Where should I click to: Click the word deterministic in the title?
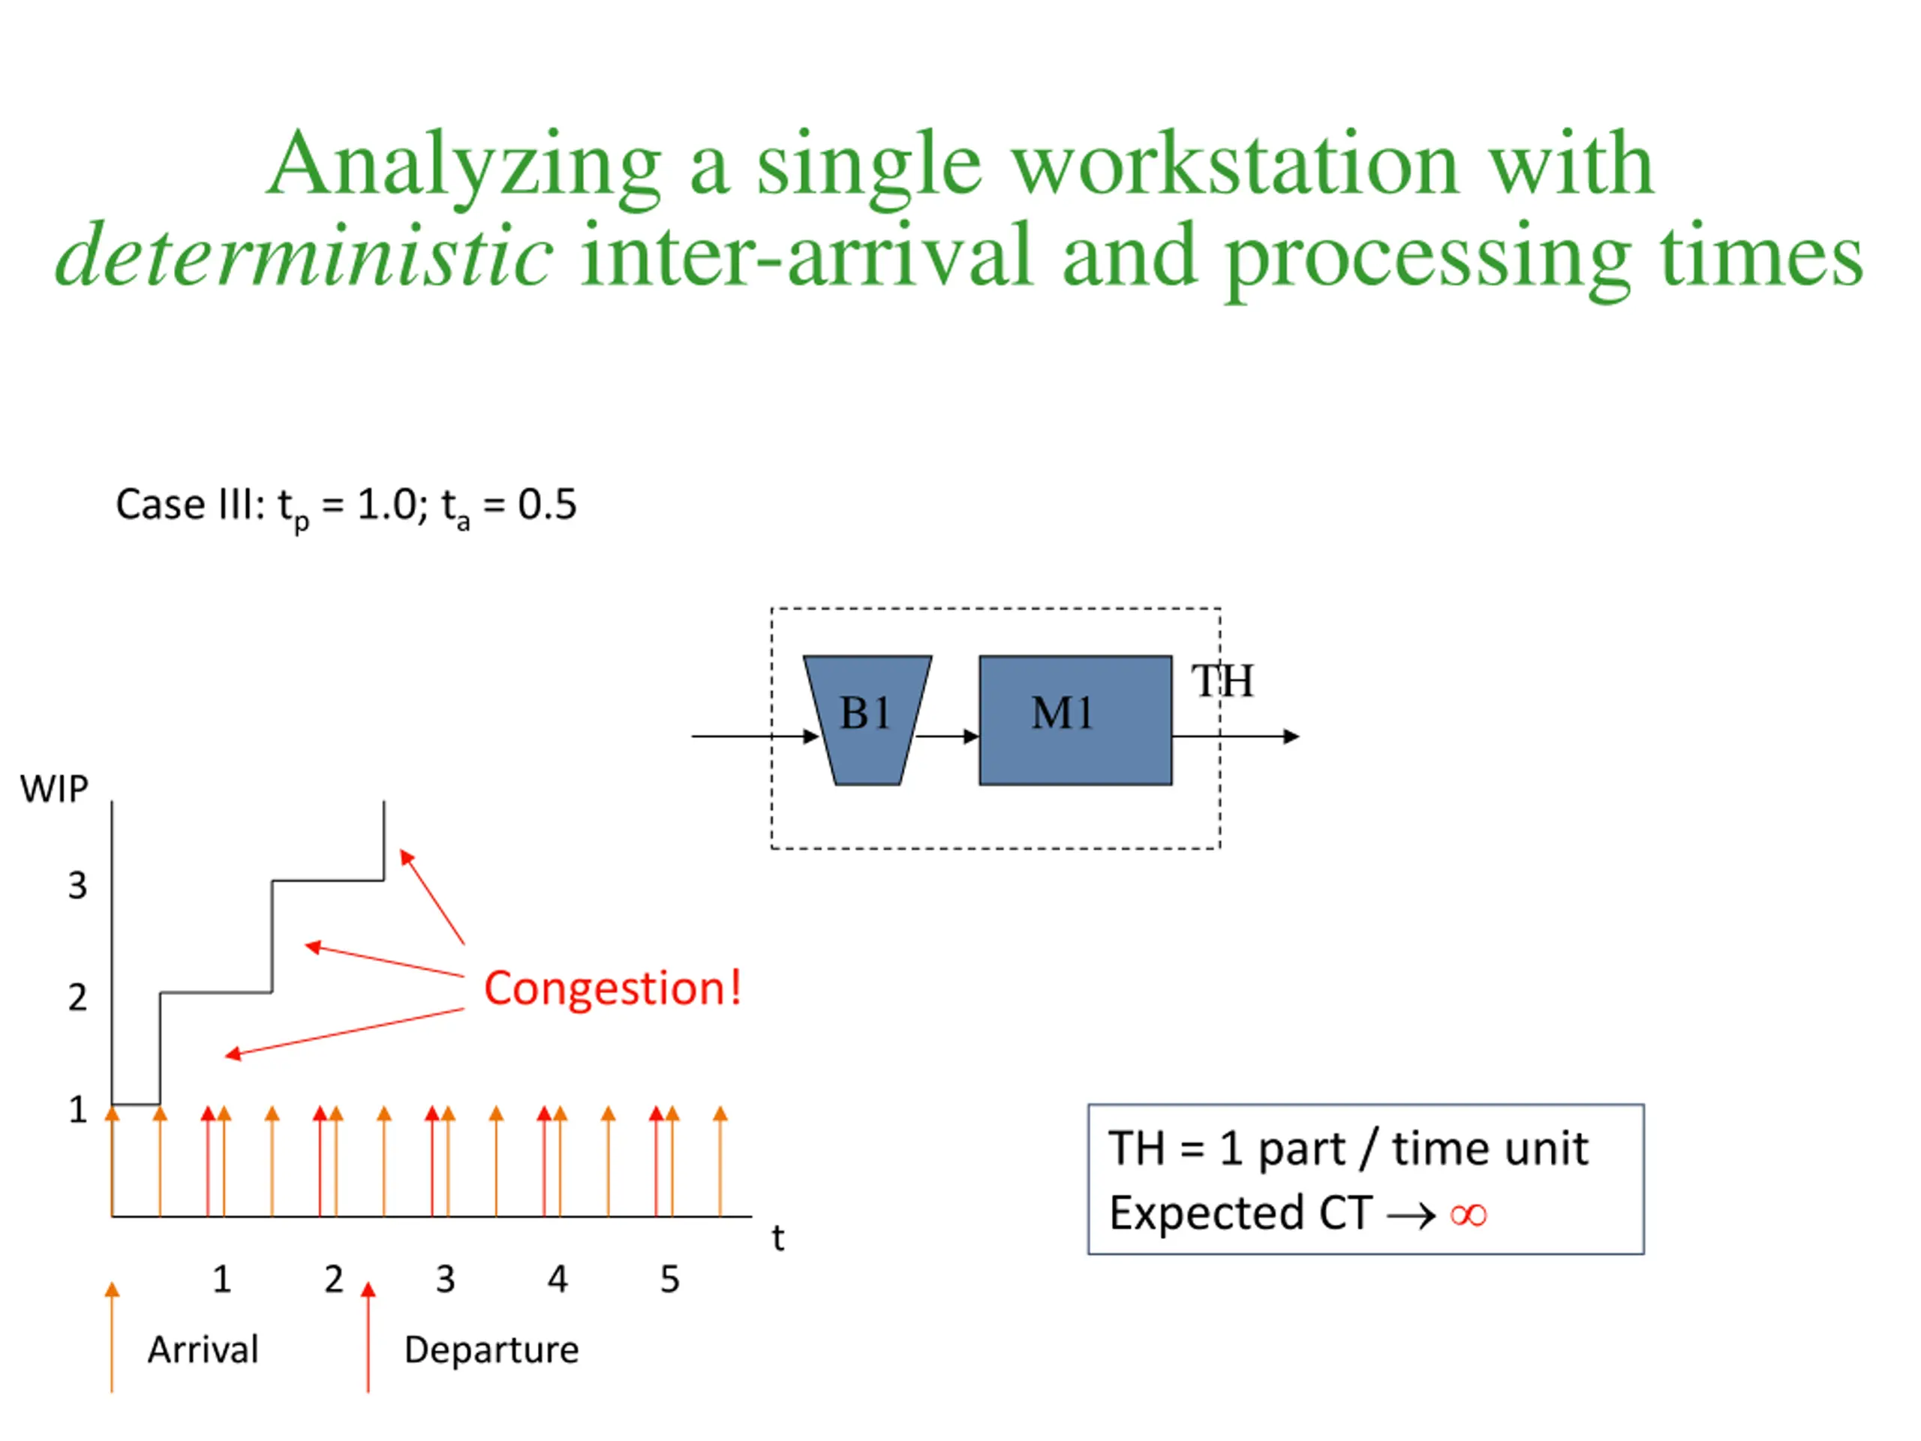tap(304, 255)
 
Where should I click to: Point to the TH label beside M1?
tap(1222, 681)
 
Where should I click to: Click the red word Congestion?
tap(612, 988)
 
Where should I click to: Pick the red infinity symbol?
tap(1469, 1214)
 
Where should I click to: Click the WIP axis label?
tap(54, 789)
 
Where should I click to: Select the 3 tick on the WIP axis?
tap(77, 885)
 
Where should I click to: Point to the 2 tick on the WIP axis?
tap(77, 997)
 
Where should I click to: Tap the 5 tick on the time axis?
tap(669, 1280)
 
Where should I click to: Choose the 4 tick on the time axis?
tap(558, 1280)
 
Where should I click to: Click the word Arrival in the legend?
tap(203, 1349)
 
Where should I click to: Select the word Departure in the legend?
tap(492, 1349)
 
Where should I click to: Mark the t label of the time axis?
tap(778, 1238)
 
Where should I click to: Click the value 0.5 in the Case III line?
tap(547, 504)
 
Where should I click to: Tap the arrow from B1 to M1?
tap(948, 736)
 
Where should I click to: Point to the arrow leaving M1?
tap(1237, 736)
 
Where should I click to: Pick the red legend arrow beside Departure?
tap(368, 1337)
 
